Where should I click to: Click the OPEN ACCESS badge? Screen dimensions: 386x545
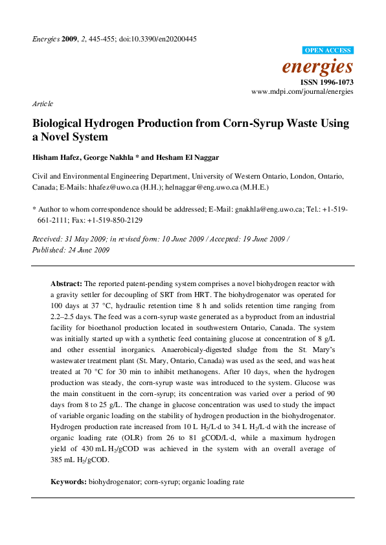(x=328, y=50)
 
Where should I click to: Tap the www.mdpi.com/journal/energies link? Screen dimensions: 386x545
(x=302, y=93)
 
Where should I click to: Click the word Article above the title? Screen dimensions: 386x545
(x=43, y=104)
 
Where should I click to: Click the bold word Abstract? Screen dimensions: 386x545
(x=66, y=284)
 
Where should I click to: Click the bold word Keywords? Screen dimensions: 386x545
(x=69, y=482)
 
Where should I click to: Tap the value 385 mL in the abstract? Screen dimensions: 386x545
(x=62, y=461)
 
